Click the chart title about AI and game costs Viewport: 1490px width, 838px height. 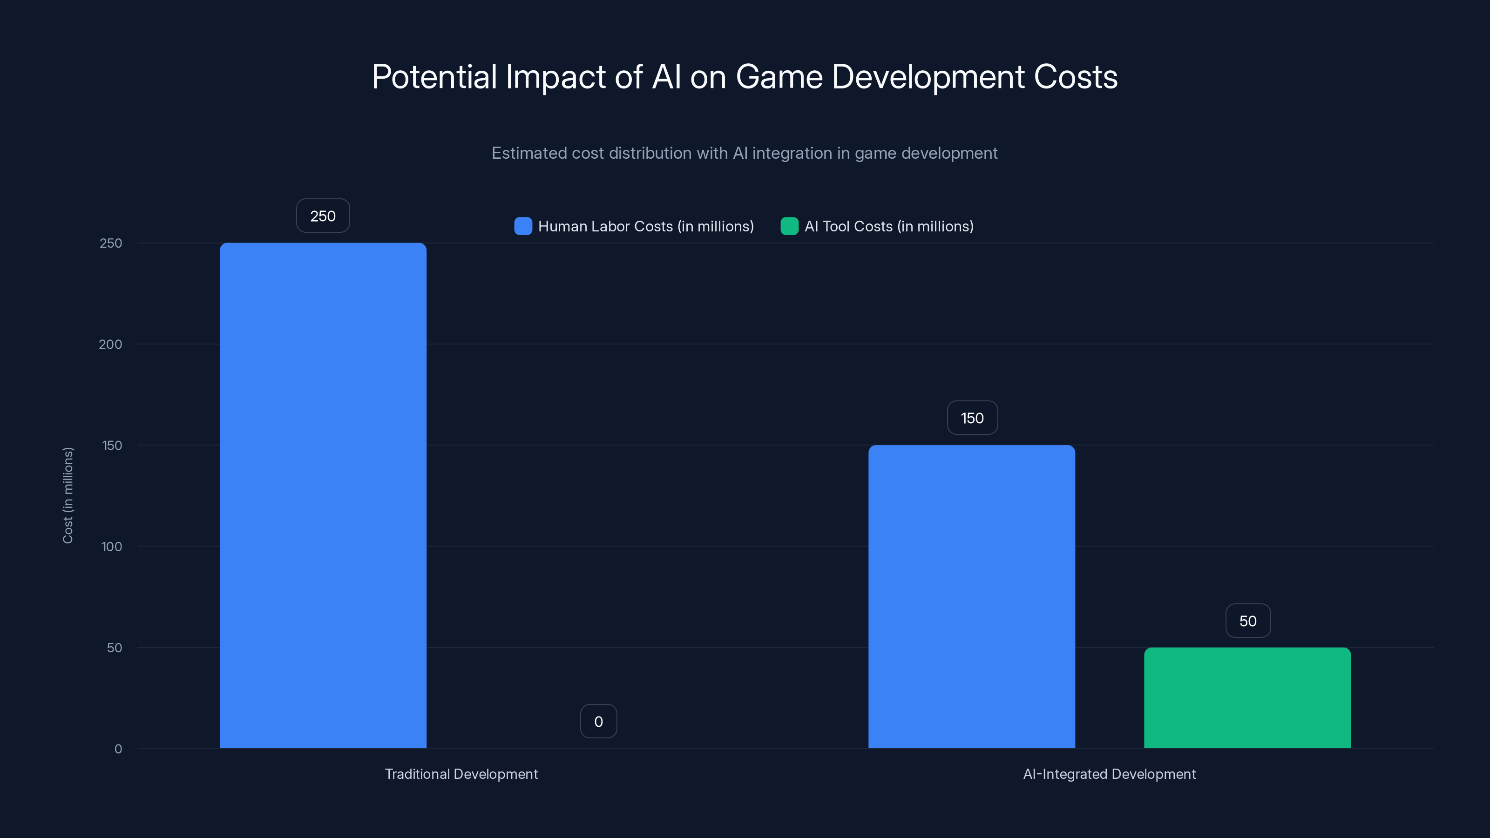[745, 77]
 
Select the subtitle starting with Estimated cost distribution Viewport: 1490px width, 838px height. [745, 153]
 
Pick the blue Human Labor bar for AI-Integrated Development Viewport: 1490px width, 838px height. [971, 596]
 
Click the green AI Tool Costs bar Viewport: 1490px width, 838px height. [1247, 697]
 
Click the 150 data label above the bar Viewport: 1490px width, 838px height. [972, 418]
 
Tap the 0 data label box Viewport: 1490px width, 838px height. [598, 722]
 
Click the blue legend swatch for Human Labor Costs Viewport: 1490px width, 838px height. [523, 226]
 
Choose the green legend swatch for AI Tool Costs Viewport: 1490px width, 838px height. [789, 226]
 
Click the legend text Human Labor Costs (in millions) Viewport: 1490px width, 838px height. [645, 226]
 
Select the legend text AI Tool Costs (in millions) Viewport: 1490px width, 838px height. [888, 226]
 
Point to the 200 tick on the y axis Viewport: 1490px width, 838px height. [110, 345]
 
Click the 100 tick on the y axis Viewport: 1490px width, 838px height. [111, 547]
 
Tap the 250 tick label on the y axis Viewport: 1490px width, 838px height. [110, 243]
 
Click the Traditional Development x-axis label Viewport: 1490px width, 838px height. [461, 774]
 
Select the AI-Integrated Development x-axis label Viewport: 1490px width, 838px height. [1109, 774]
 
